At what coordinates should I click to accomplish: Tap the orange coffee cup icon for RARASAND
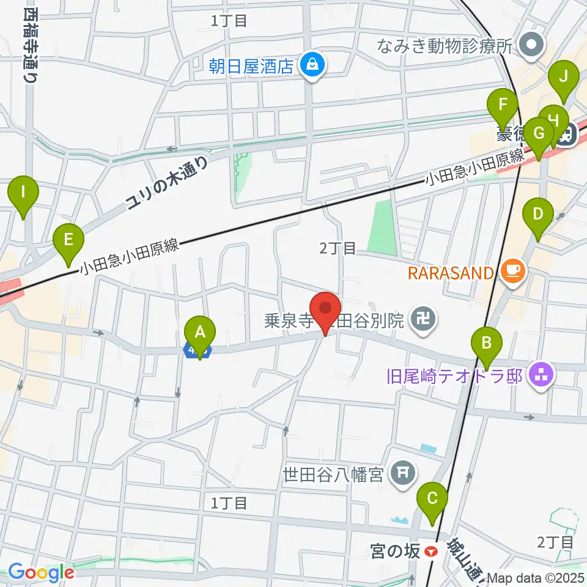tap(513, 271)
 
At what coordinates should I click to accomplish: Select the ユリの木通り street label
tap(167, 182)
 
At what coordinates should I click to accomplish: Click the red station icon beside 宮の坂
tap(432, 552)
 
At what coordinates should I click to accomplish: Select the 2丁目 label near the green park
tap(338, 248)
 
